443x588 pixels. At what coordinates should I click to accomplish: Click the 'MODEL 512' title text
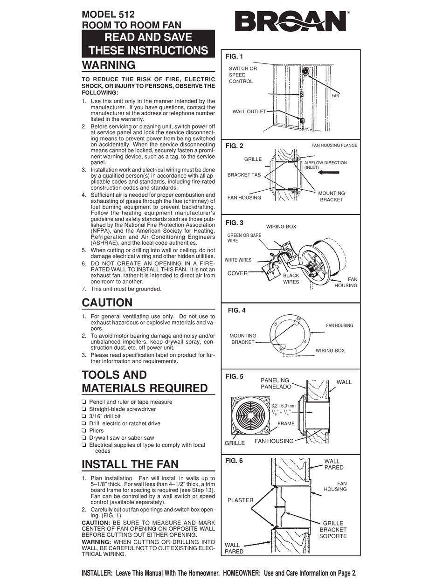(108, 15)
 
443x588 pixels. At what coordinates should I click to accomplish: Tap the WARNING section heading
(109, 64)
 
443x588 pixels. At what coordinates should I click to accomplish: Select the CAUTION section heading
(107, 303)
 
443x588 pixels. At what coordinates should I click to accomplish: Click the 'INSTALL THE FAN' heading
(130, 464)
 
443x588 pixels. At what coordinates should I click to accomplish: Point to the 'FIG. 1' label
(234, 57)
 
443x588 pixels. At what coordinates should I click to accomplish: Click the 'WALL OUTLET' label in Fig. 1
(249, 111)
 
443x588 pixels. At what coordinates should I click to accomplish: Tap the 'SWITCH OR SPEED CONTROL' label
(242, 75)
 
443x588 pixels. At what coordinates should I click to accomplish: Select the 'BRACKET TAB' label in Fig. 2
(244, 175)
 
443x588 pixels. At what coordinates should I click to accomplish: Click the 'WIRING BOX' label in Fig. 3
(281, 227)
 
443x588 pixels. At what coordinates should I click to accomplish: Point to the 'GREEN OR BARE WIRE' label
(244, 238)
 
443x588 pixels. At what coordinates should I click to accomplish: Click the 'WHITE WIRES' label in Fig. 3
(238, 260)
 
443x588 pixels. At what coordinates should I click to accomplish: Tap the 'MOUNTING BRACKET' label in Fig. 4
(243, 339)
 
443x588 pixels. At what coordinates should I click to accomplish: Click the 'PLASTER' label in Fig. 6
(240, 500)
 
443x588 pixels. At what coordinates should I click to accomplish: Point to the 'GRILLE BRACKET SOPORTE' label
(333, 530)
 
